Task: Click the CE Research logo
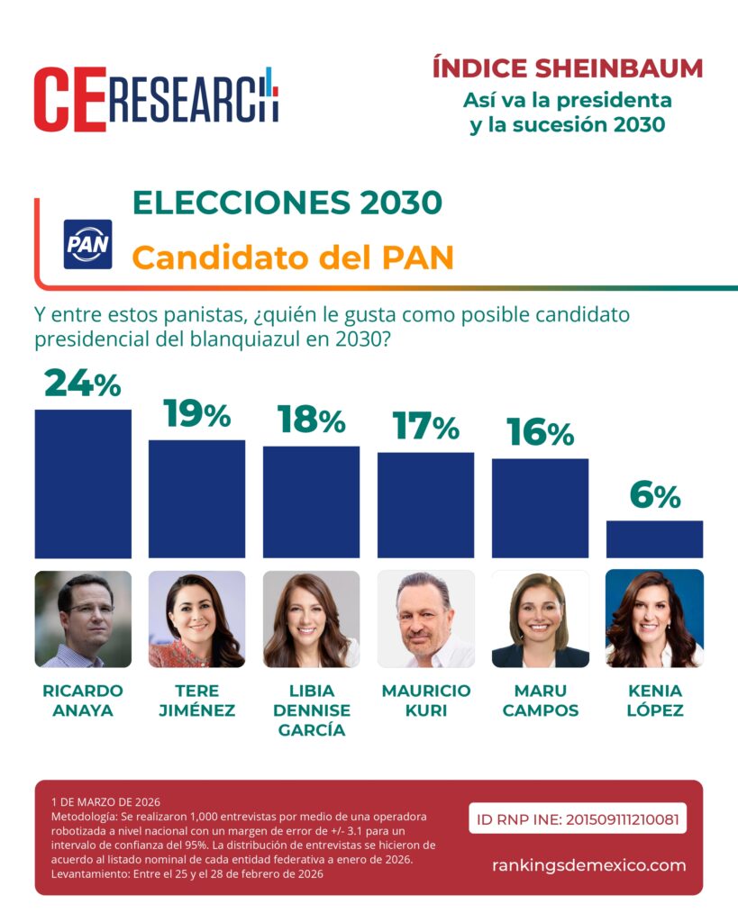[x=156, y=99]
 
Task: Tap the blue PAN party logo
[x=87, y=244]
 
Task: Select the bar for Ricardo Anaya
[x=83, y=484]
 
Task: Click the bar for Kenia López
[x=654, y=539]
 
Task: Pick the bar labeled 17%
[x=425, y=504]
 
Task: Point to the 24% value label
[x=82, y=384]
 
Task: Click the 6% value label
[x=654, y=495]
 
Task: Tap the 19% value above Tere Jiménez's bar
[x=196, y=414]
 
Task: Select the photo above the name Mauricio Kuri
[x=425, y=619]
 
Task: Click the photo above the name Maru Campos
[x=540, y=619]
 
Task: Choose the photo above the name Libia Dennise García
[x=311, y=619]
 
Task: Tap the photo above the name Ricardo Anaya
[x=83, y=619]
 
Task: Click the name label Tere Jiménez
[x=196, y=701]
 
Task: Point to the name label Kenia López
[x=654, y=701]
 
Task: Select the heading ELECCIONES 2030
[x=287, y=203]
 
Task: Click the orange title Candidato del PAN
[x=292, y=258]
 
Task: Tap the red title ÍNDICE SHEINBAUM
[x=567, y=68]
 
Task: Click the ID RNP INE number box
[x=577, y=818]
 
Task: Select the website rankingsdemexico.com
[x=588, y=865]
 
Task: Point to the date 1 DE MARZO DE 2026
[x=105, y=800]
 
